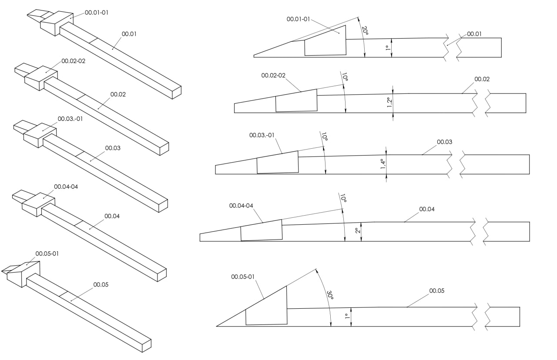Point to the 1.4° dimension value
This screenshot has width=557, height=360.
click(383, 164)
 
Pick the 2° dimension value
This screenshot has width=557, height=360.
click(357, 231)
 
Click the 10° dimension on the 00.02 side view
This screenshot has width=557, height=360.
click(345, 77)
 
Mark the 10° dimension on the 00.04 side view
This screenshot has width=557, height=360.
click(343, 199)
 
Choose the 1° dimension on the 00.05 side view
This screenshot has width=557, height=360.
click(347, 317)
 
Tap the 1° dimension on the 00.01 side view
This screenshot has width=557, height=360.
click(387, 48)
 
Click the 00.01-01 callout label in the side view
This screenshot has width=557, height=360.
click(299, 19)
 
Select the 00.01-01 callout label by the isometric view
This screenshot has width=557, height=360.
click(97, 13)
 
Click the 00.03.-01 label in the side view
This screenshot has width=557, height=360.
click(262, 135)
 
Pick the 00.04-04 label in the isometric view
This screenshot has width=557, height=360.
click(66, 187)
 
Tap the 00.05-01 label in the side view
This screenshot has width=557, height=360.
click(243, 277)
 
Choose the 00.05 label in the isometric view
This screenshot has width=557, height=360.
click(101, 285)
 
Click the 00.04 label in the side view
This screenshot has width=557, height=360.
click(427, 209)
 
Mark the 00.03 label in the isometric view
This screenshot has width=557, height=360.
click(113, 148)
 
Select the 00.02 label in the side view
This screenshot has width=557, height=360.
click(482, 79)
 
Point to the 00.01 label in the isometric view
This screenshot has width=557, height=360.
click(129, 33)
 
